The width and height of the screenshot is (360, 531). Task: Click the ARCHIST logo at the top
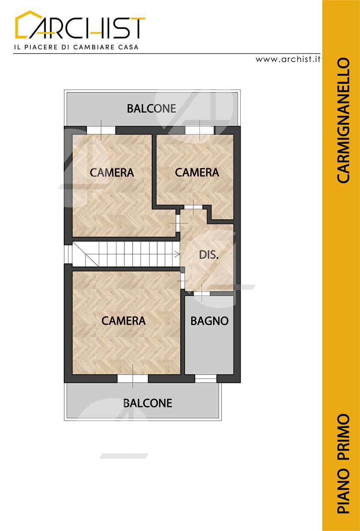point(80,24)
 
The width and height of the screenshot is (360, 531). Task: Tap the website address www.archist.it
point(288,59)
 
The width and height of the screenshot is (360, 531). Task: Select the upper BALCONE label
point(151,109)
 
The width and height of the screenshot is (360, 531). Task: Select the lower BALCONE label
point(148,403)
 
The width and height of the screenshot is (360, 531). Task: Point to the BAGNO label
point(209,321)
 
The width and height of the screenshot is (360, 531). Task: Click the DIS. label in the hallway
point(209,255)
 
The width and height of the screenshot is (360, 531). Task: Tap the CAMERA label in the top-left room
point(112,172)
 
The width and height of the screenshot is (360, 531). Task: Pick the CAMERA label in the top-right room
point(197,172)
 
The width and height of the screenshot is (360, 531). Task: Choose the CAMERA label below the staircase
point(124,321)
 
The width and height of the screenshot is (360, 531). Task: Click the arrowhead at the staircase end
point(178,254)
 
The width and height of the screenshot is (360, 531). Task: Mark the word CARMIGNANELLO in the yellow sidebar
point(343,120)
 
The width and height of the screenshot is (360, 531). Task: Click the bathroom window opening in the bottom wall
point(206,379)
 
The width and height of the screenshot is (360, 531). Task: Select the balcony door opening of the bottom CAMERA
point(133,379)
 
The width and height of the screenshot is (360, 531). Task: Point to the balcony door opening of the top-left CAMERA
point(101,130)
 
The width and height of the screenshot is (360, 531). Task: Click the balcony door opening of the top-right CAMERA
point(199,130)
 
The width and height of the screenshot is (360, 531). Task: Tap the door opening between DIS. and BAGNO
point(202,293)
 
